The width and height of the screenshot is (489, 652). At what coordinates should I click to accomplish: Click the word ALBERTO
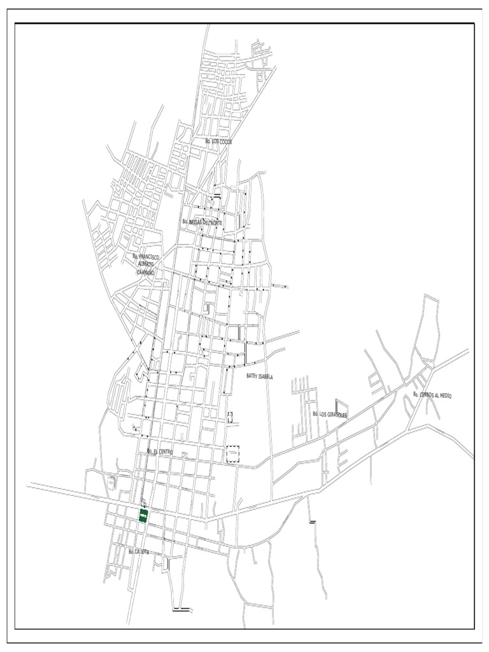click(x=146, y=264)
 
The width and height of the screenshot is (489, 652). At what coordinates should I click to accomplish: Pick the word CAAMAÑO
click(x=146, y=271)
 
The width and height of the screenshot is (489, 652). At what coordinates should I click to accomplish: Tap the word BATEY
click(x=252, y=376)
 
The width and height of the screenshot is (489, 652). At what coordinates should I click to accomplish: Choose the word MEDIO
click(x=444, y=395)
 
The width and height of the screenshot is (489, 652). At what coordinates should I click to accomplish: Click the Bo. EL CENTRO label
click(x=159, y=451)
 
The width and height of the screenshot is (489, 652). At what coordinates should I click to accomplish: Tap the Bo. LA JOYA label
click(x=138, y=551)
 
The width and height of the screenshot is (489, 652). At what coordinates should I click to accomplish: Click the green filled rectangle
click(x=143, y=516)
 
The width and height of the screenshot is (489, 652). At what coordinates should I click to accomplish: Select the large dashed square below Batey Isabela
click(x=233, y=453)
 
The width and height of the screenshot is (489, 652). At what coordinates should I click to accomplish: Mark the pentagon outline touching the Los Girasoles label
click(x=342, y=407)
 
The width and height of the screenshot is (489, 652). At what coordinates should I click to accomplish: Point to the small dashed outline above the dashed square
click(x=230, y=417)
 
